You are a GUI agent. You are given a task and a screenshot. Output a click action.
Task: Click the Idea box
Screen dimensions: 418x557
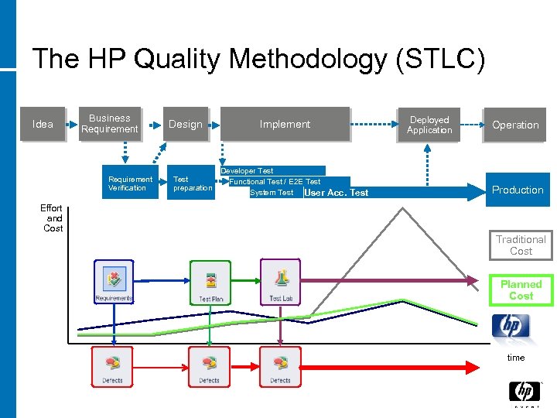click(43, 124)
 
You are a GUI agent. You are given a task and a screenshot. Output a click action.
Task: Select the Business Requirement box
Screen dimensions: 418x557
click(109, 124)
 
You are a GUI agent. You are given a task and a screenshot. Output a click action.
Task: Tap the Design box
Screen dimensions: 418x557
click(186, 124)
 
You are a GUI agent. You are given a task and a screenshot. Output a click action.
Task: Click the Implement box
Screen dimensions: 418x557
click(285, 124)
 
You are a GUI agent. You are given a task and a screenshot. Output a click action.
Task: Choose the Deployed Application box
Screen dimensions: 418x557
click(429, 125)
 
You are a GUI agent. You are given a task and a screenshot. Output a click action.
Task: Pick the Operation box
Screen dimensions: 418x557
click(515, 125)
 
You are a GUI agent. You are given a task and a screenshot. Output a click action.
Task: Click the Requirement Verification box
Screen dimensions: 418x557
click(129, 183)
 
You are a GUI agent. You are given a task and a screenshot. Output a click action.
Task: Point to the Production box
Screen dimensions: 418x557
click(518, 190)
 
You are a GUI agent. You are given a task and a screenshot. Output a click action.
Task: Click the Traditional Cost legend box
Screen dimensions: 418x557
click(521, 245)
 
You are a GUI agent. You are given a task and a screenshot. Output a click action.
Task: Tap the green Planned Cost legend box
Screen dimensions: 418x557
click(521, 290)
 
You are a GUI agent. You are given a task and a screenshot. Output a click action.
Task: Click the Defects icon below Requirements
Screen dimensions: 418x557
click(112, 366)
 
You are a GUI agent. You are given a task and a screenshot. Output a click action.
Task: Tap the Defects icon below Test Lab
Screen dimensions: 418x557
click(280, 366)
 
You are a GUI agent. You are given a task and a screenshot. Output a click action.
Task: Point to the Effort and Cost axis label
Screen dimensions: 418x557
click(52, 218)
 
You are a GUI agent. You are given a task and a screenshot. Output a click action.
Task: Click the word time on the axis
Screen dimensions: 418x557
click(515, 358)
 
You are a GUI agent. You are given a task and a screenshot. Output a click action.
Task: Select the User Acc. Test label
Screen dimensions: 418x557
click(337, 193)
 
